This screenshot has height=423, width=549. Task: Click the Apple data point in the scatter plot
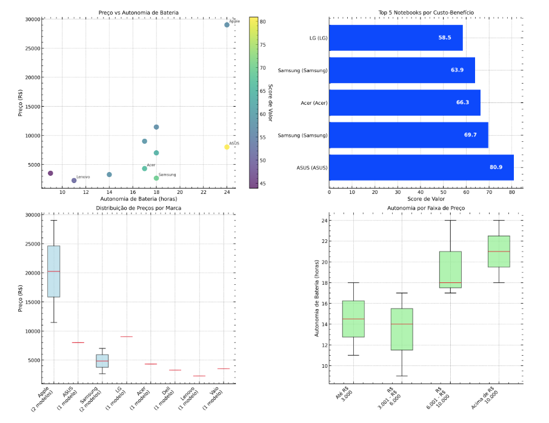227,25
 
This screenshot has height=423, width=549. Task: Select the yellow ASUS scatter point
227,147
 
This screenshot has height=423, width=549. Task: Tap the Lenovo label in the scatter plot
83,177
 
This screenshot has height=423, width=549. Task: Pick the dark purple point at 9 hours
50,173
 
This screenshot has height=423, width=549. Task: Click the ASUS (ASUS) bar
421,167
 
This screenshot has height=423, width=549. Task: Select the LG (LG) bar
396,38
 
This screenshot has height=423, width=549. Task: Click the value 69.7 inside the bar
470,135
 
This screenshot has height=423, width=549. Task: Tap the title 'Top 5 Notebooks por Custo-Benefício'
426,12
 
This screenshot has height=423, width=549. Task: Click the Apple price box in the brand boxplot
53,271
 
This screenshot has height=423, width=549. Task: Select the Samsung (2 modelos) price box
102,361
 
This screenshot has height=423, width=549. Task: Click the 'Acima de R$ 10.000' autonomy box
499,251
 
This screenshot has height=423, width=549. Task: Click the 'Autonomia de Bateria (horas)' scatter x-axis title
139,199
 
